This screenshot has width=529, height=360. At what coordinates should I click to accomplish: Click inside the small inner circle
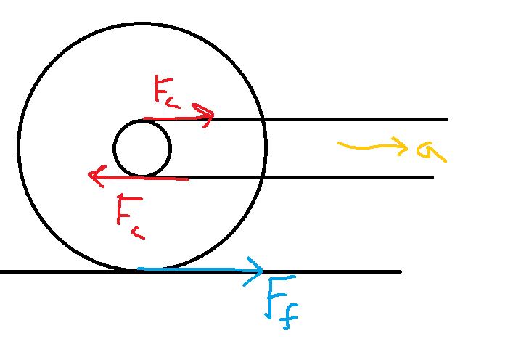point(142,149)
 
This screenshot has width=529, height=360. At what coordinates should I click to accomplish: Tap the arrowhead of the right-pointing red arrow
point(213,115)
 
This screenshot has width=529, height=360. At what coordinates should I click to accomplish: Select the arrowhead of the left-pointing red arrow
point(89,175)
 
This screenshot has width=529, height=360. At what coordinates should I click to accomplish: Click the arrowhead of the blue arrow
point(262,270)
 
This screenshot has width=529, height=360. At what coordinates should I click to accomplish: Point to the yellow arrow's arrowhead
point(407,147)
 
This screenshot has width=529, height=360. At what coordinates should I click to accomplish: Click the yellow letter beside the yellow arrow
point(431,151)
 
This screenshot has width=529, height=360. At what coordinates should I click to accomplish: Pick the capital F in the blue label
point(279,297)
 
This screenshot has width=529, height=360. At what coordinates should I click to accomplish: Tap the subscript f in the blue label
point(289,316)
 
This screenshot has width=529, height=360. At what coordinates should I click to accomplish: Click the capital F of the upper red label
point(163,89)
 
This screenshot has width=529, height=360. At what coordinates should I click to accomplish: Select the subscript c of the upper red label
point(173,103)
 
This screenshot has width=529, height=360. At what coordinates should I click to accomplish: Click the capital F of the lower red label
point(129,209)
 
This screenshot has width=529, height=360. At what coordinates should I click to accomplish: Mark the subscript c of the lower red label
point(139,233)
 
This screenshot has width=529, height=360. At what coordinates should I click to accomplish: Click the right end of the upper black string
point(447,119)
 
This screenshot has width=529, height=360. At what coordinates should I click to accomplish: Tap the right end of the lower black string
point(432,177)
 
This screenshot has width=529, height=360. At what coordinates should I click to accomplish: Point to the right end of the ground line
point(401,271)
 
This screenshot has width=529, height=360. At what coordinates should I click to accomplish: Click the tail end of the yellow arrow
point(338,144)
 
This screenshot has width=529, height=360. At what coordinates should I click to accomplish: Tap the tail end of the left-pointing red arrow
point(188,179)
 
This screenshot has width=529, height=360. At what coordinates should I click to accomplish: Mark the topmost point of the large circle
point(142,24)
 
